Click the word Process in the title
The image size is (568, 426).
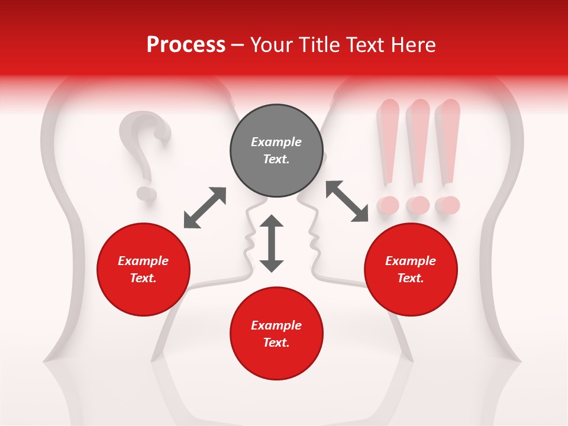(186, 45)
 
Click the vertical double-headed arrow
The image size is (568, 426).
(272, 243)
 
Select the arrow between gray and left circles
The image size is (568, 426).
(205, 208)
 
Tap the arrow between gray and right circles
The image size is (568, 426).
(347, 201)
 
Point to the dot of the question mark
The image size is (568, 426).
(146, 193)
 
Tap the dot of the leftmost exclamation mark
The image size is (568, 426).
(389, 205)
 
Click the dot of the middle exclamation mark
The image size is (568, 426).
(418, 205)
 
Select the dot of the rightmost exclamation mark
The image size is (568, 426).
(448, 205)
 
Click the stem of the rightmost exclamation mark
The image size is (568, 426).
(448, 142)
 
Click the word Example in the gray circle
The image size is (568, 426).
(276, 142)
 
